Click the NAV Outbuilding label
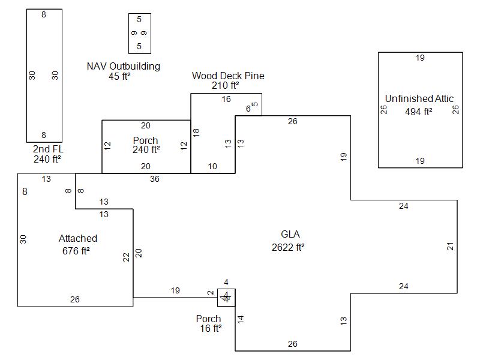point(124,66)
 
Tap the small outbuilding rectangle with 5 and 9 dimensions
point(140,34)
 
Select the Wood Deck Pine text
point(228,76)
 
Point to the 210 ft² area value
point(226,86)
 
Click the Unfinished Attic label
point(419,98)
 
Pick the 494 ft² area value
point(419,112)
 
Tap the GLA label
point(290,235)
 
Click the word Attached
point(78,239)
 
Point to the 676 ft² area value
point(76,251)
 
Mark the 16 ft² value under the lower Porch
point(211,329)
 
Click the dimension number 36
point(155,179)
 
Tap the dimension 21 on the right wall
point(451,246)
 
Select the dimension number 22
point(126,257)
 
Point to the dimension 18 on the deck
point(196,132)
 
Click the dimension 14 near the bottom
point(241,320)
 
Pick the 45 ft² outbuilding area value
point(120,76)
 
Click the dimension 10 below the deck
point(212,167)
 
